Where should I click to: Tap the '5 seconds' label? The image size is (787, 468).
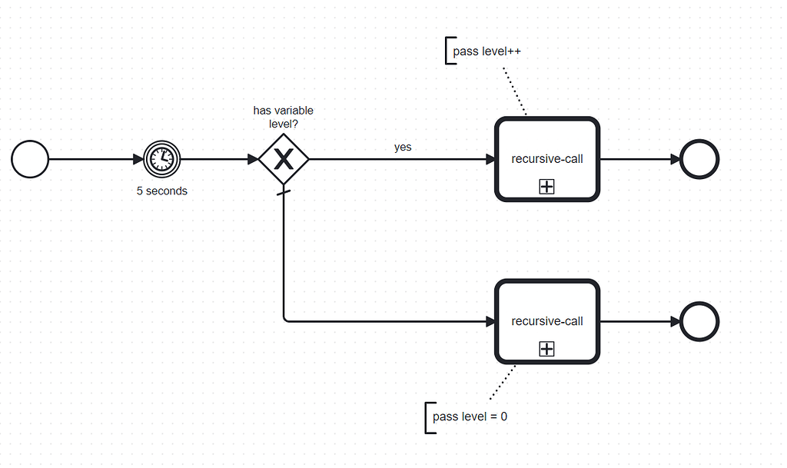pos(162,191)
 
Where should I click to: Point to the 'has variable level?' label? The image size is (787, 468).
pos(283,117)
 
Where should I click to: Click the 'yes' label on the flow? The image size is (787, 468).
pos(403,147)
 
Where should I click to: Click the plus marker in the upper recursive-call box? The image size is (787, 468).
pos(546,187)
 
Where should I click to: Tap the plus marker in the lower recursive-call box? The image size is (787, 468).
pos(546,349)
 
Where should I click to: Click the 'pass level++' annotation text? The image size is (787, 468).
pos(486,51)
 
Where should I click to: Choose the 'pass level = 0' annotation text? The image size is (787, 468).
pos(470,417)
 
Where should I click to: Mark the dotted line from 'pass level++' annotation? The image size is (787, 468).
pos(514,91)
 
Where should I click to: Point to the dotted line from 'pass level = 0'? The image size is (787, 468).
pos(503,382)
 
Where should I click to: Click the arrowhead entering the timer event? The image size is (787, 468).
pos(138,159)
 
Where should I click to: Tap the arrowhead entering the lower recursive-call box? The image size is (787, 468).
pos(490,321)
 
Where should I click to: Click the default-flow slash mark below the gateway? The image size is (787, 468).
pos(284,192)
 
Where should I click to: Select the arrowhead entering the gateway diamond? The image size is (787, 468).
pos(253,159)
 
